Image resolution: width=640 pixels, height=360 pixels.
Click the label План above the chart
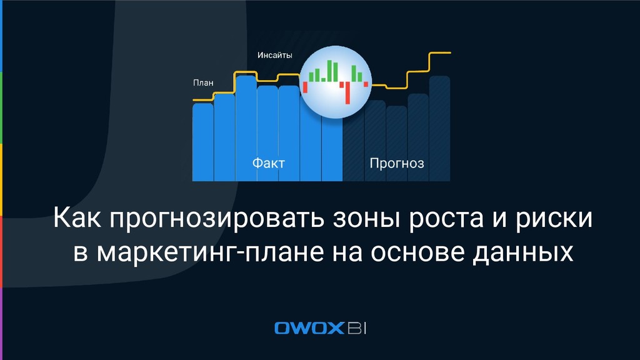coord(203,82)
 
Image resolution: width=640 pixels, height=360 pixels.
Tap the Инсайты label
coord(274,55)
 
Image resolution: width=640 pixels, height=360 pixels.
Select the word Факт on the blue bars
coord(268,164)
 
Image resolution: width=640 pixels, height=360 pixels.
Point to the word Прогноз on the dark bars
coord(397,164)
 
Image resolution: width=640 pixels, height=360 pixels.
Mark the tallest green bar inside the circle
coord(329,71)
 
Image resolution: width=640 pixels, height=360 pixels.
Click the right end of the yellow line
coord(449,53)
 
